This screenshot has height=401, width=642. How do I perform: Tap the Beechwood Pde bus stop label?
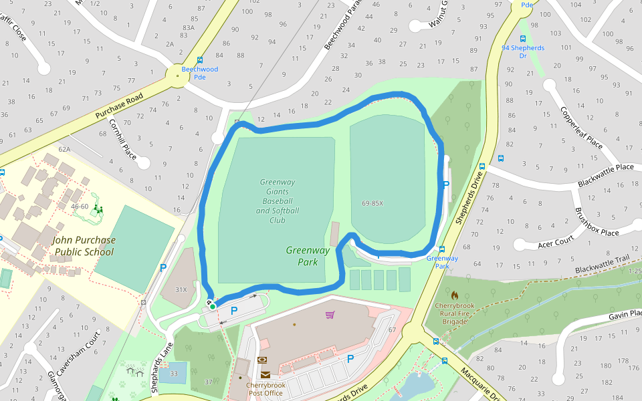[200, 73]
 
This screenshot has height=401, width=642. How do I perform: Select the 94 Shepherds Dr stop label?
[523, 51]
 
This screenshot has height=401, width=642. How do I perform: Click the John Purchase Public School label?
[84, 246]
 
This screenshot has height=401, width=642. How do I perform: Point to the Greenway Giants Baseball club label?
[278, 200]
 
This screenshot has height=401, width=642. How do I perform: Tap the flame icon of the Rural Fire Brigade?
[455, 295]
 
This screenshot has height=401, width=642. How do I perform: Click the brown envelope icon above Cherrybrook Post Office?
[265, 375]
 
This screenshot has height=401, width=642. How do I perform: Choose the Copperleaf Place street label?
[581, 128]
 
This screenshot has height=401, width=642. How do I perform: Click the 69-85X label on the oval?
[372, 203]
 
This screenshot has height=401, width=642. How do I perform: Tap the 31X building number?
[181, 289]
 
